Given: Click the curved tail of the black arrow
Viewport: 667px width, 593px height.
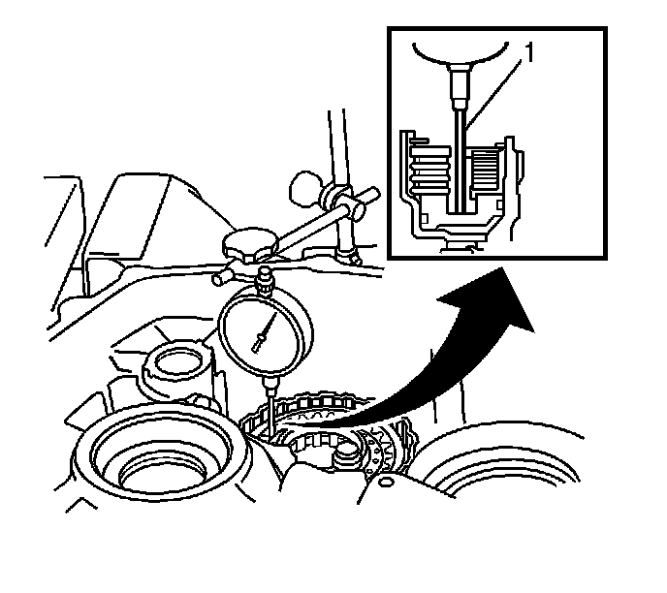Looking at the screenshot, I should tap(349, 417).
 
